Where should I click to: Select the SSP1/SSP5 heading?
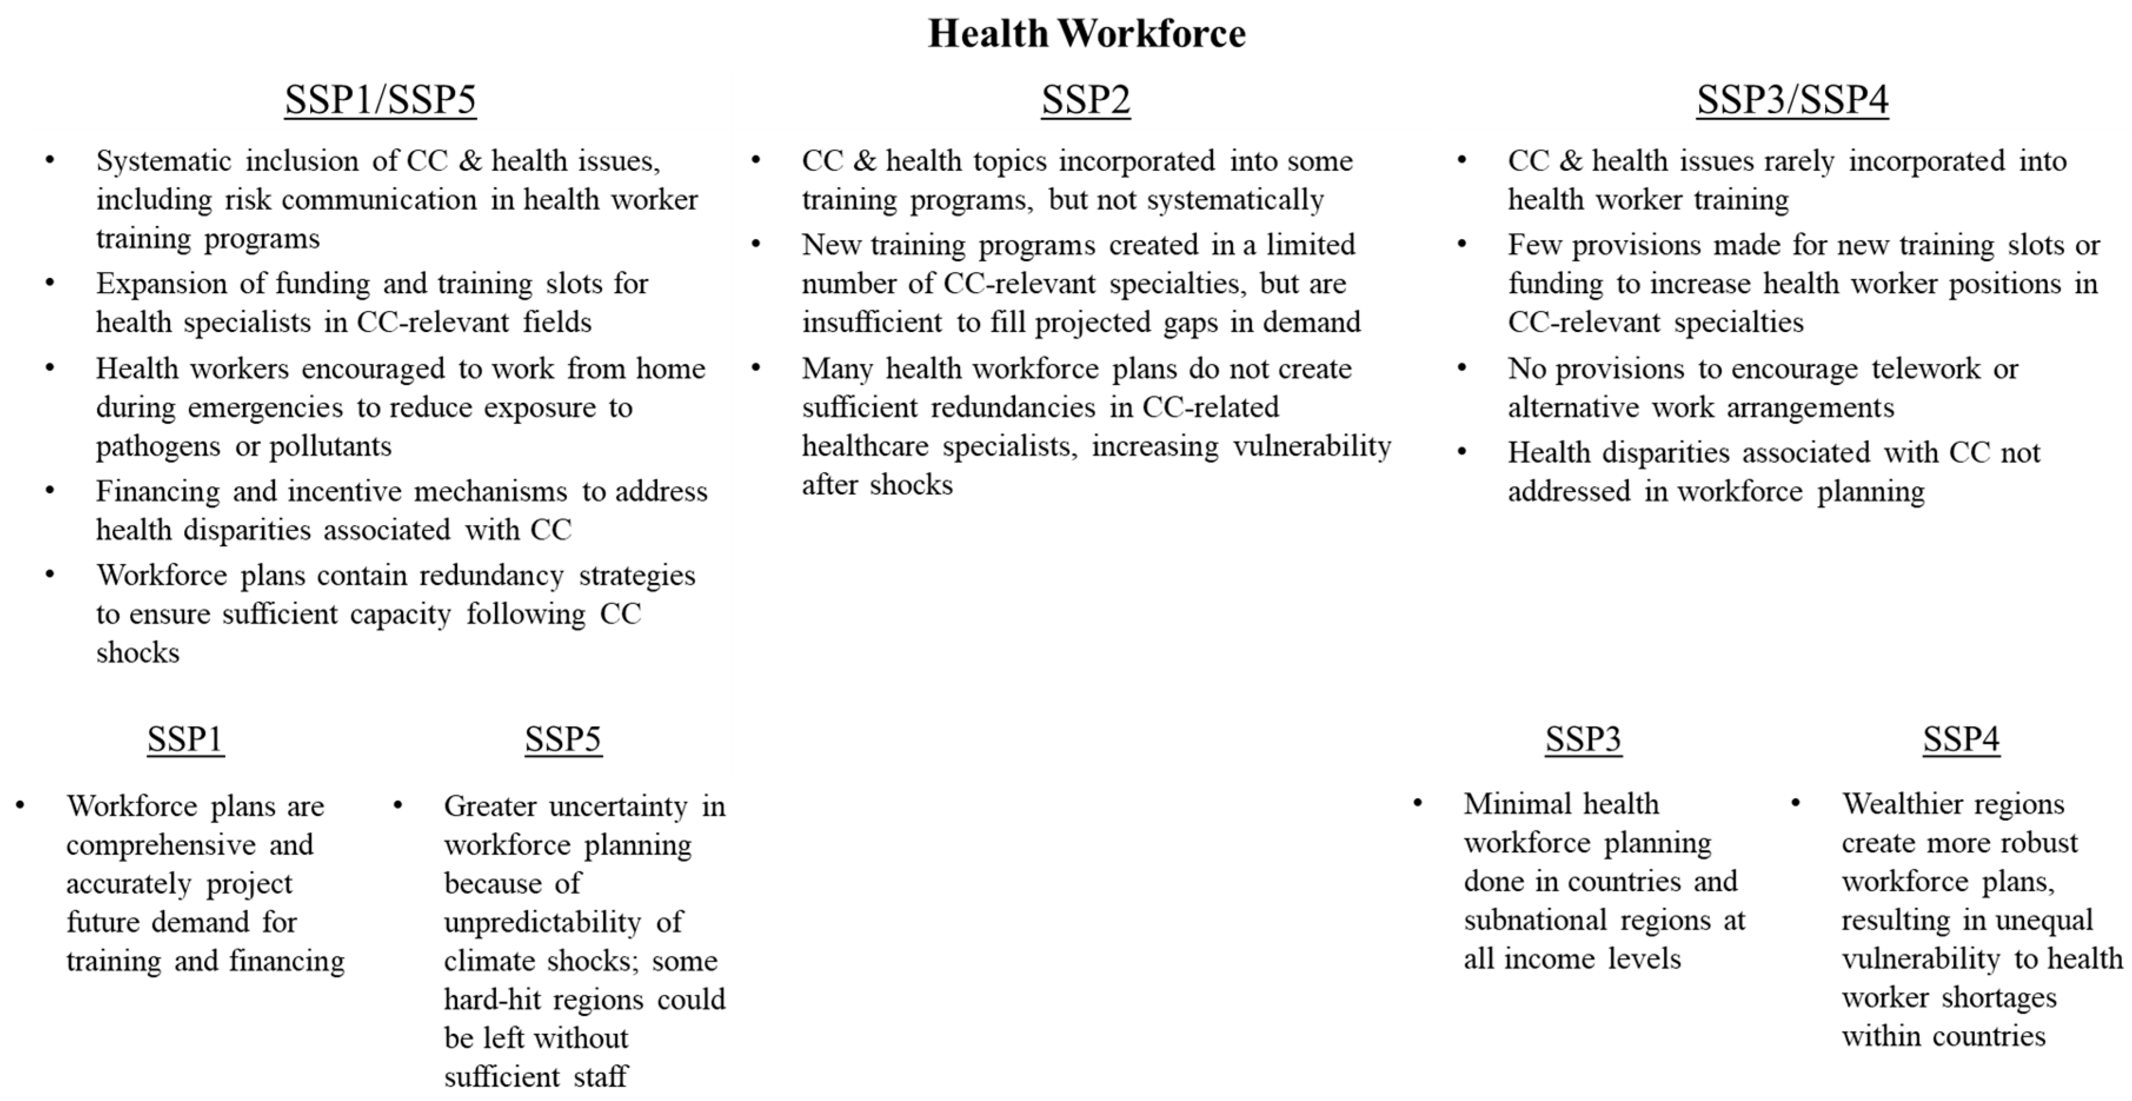pyautogui.click(x=380, y=99)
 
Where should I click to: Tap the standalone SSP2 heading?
pyautogui.click(x=1085, y=99)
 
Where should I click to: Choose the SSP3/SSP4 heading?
pyautogui.click(x=1792, y=99)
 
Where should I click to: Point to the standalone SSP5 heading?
pyautogui.click(x=563, y=739)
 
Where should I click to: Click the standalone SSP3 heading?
pyautogui.click(x=1582, y=739)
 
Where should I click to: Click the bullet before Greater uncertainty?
pyautogui.click(x=398, y=804)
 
